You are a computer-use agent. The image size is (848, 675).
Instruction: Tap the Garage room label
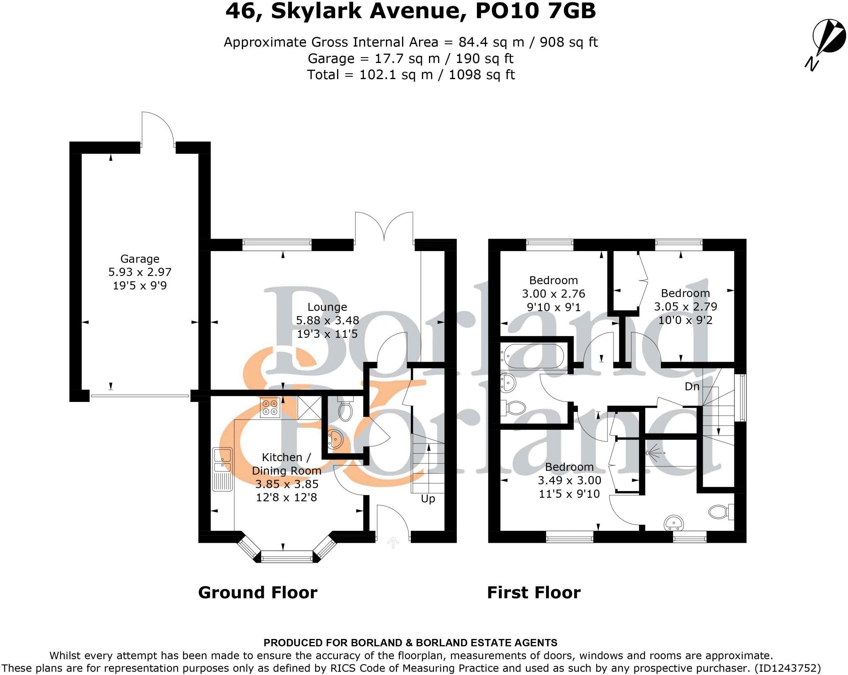[140, 259]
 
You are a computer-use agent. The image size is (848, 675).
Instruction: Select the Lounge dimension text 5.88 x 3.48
[327, 320]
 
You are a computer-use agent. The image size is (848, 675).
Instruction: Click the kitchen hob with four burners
[270, 407]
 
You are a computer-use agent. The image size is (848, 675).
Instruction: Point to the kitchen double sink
[222, 460]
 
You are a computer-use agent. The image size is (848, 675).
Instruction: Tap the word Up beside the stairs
[428, 499]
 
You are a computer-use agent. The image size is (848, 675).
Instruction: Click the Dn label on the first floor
[692, 387]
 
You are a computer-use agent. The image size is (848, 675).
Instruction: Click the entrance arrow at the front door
[393, 542]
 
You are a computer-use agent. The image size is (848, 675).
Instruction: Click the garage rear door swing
[157, 128]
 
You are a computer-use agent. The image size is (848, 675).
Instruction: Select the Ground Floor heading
[258, 593]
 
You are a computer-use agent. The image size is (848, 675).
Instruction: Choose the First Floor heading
[534, 593]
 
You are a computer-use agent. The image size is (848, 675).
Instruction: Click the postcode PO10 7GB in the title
[535, 12]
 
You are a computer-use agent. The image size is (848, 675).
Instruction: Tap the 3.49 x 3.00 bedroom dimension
[569, 481]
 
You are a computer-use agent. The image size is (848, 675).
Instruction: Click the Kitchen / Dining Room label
[286, 464]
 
